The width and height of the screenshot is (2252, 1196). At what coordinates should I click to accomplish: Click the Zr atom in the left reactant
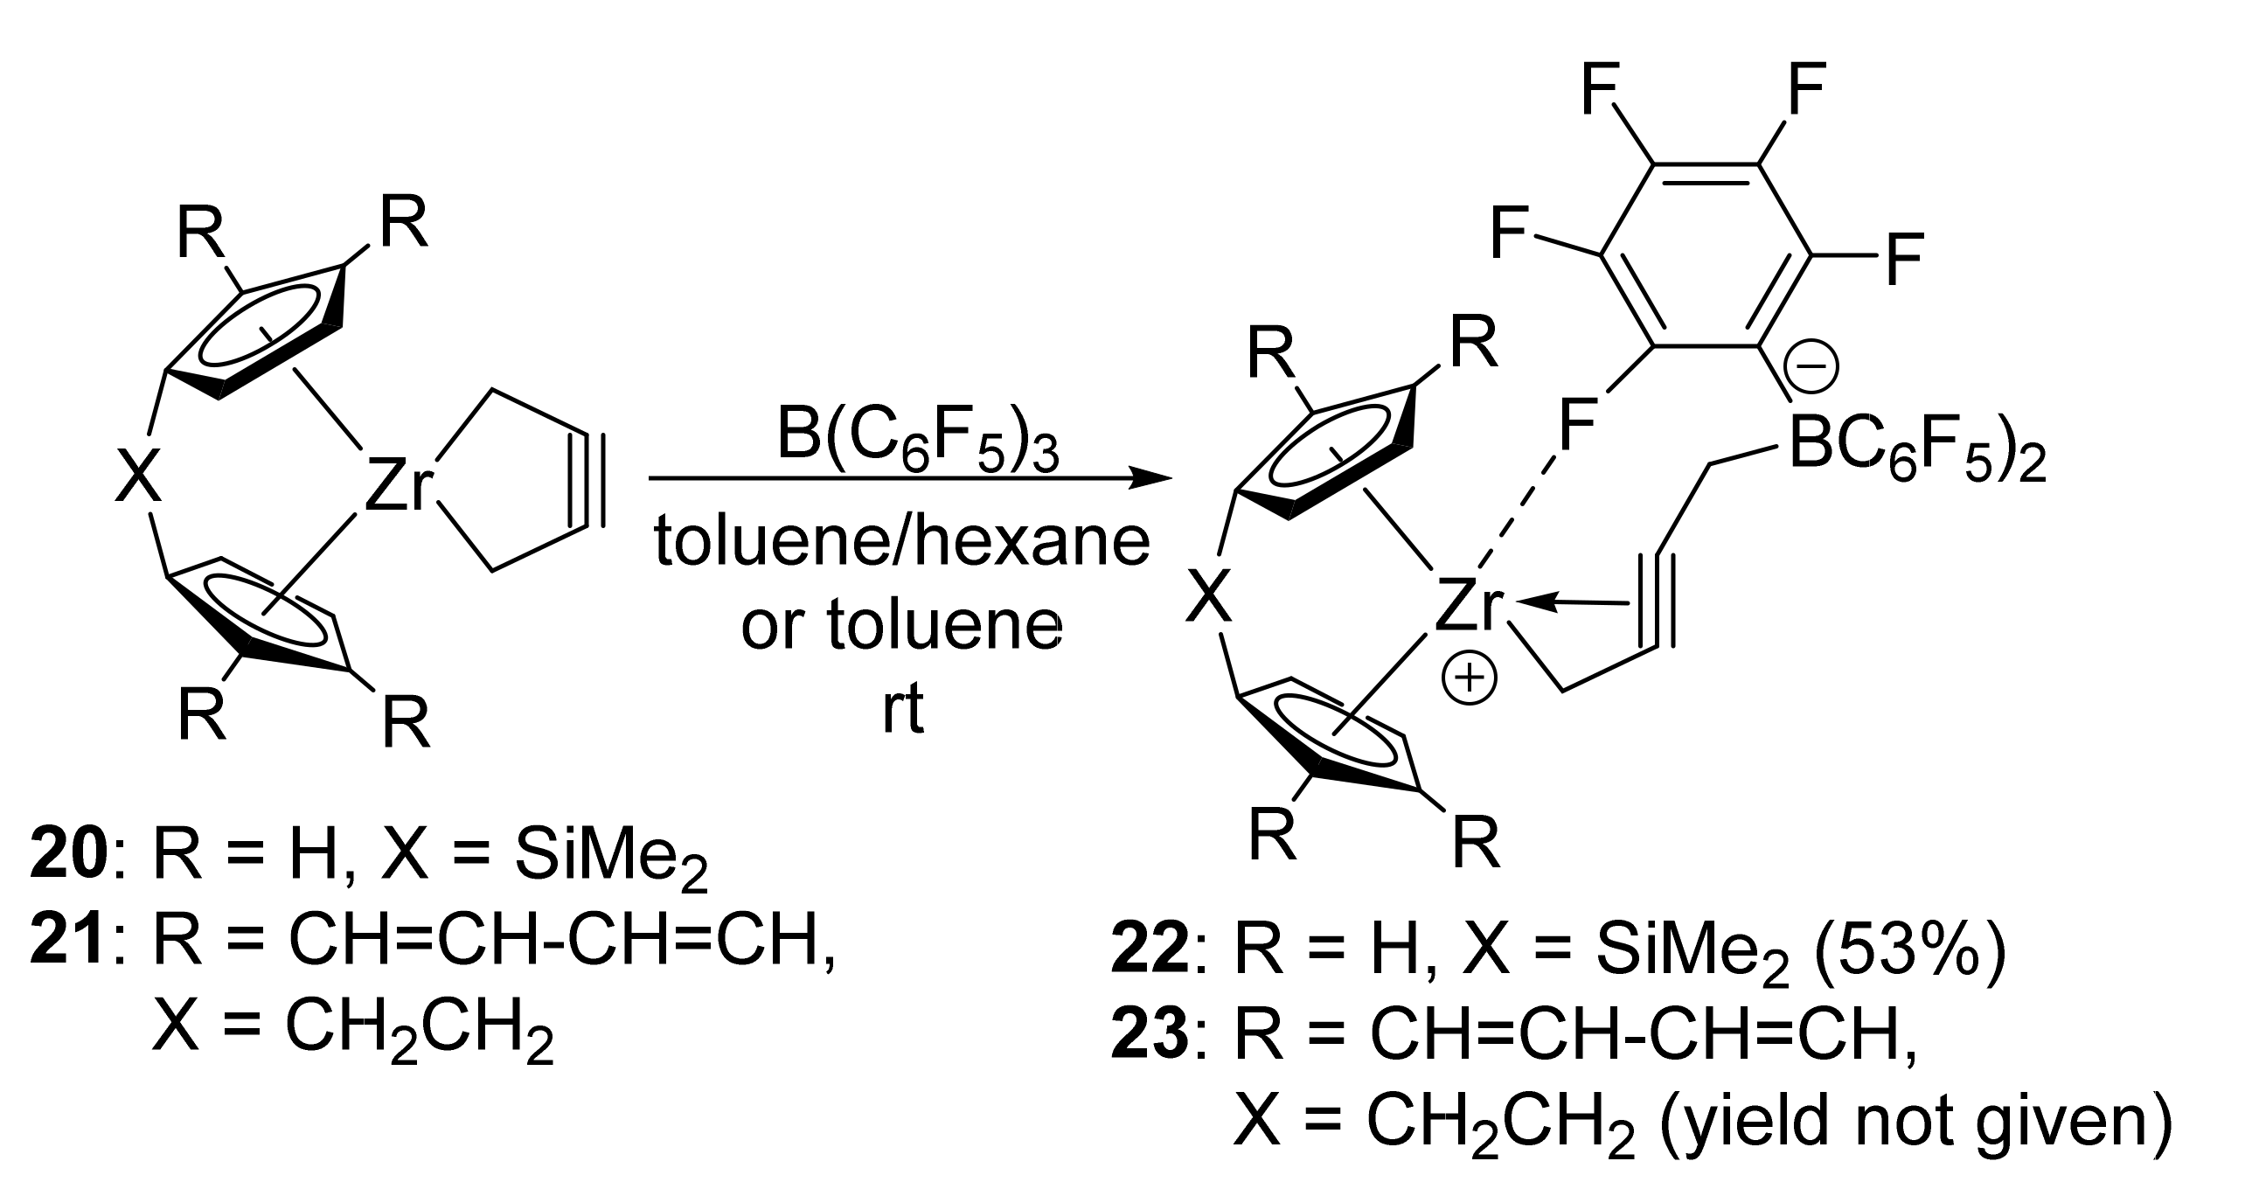[399, 488]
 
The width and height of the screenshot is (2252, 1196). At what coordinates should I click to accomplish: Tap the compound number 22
[1150, 954]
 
